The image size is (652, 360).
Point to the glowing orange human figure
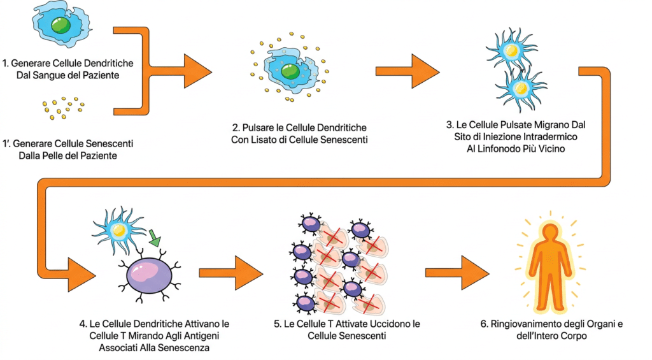pyautogui.click(x=549, y=268)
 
